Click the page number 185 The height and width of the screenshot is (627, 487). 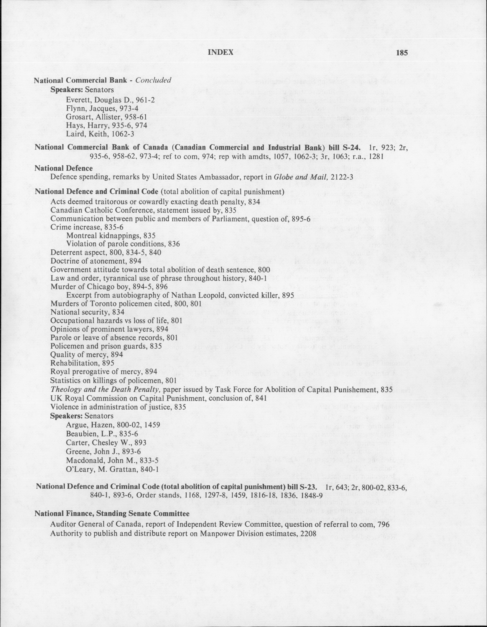402,53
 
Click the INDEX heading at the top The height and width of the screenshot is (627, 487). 220,53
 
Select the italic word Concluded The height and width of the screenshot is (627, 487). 153,80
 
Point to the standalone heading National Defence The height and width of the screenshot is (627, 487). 64,168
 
